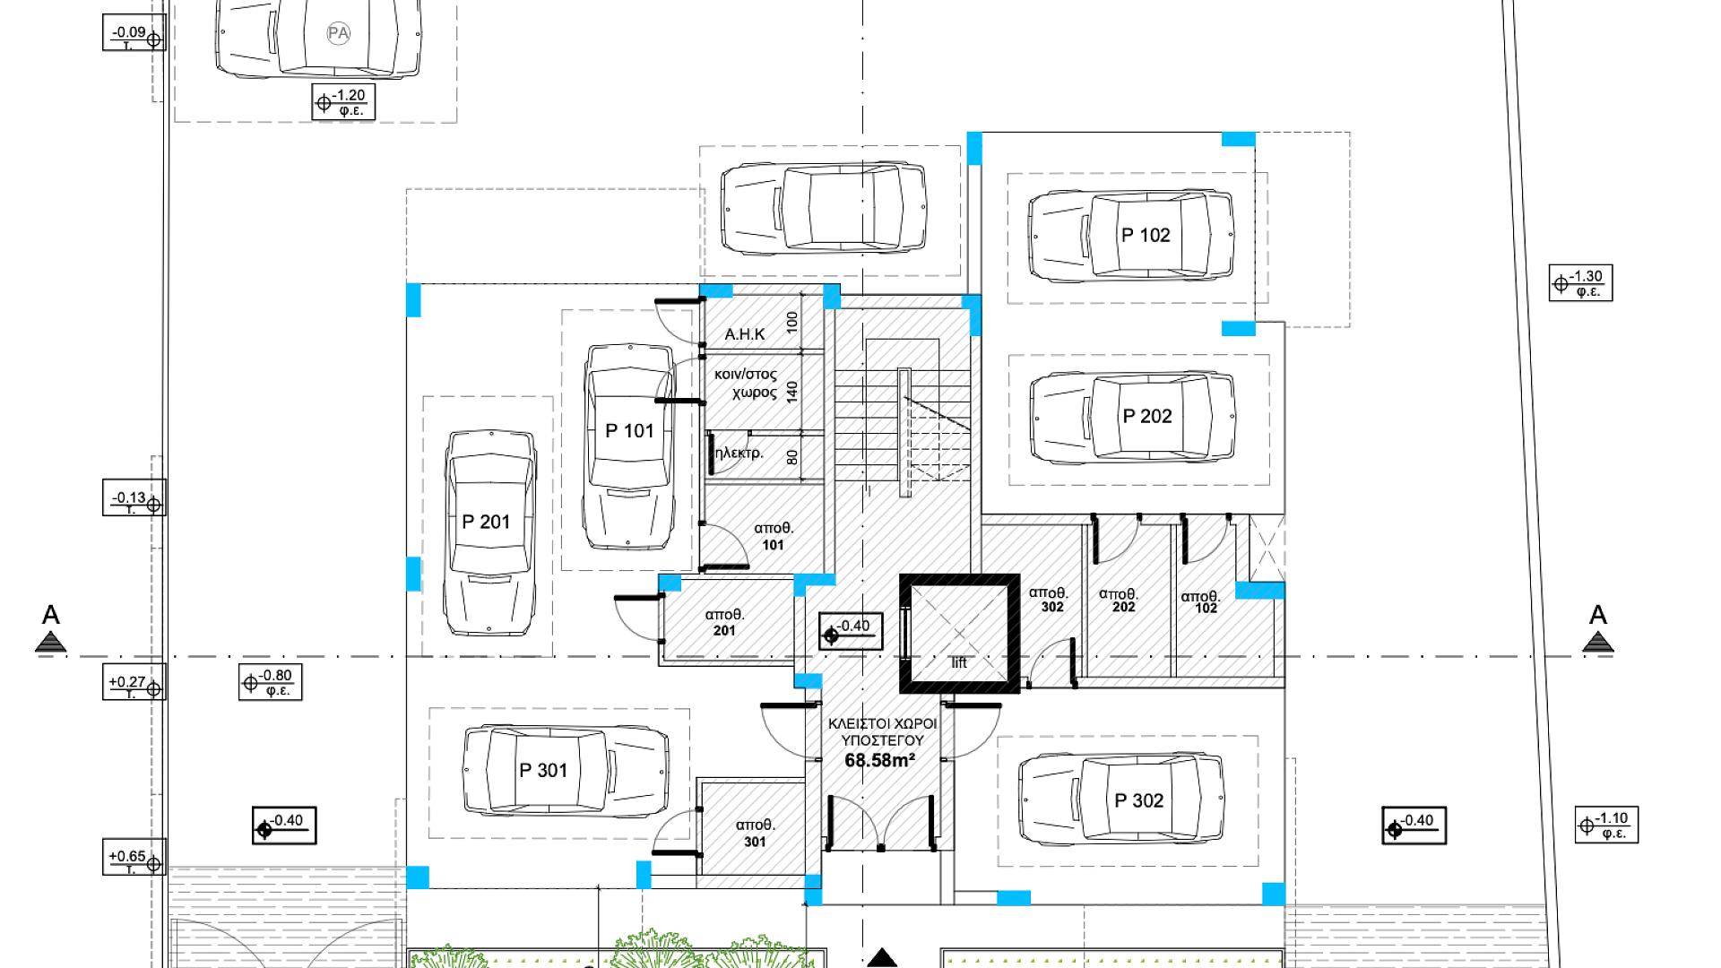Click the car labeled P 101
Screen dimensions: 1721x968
click(x=628, y=446)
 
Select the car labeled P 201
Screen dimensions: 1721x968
click(x=489, y=533)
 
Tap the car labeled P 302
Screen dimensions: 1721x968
click(x=1122, y=799)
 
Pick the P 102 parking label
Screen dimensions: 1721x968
click(x=1146, y=235)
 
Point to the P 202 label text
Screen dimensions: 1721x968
click(x=1147, y=416)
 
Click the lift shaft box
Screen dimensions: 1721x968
click(x=960, y=634)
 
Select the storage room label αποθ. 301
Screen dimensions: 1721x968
click(x=755, y=833)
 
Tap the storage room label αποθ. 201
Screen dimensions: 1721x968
click(x=724, y=622)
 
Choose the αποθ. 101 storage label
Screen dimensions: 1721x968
click(x=774, y=536)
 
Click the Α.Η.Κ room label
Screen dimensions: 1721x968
click(x=745, y=334)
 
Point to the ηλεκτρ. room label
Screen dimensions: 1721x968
click(x=739, y=453)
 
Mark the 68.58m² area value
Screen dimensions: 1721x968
click(x=879, y=760)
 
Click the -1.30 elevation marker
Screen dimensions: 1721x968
click(x=1580, y=283)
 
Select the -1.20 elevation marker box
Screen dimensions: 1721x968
click(x=343, y=102)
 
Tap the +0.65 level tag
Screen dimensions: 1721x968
click(x=134, y=857)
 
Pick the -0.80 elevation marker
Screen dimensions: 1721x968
click(x=271, y=682)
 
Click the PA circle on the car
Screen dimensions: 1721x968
click(x=338, y=34)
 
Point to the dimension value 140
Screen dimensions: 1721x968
click(x=792, y=392)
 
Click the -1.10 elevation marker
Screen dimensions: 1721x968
click(x=1606, y=825)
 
